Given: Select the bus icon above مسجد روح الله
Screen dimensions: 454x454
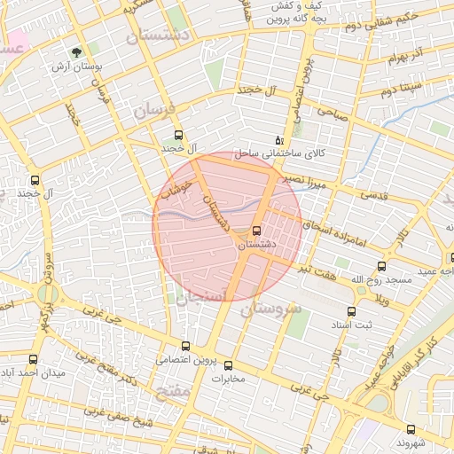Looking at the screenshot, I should pyautogui.click(x=382, y=266).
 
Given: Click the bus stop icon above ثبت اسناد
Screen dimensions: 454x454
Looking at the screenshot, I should pyautogui.click(x=351, y=312).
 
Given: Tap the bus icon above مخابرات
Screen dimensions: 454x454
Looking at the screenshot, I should pyautogui.click(x=228, y=365).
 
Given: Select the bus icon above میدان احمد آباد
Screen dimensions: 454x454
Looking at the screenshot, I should pyautogui.click(x=34, y=360).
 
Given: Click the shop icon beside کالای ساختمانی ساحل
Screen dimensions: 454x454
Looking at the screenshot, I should pyautogui.click(x=279, y=140).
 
